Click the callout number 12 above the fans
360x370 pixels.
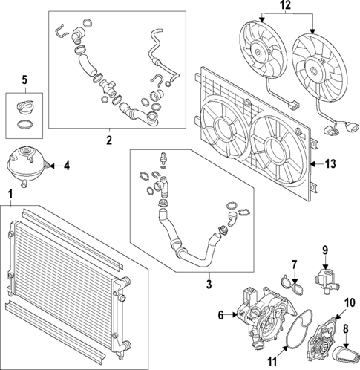click(286, 5)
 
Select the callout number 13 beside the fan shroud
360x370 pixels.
click(330, 163)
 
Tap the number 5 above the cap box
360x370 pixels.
click(24, 80)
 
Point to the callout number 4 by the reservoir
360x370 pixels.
click(67, 166)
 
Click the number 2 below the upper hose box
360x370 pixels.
click(109, 140)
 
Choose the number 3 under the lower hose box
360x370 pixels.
click(209, 284)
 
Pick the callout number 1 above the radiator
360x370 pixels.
click(10, 195)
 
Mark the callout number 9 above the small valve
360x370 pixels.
click(325, 250)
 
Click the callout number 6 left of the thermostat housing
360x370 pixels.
click(221, 315)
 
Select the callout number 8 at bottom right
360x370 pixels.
click(346, 329)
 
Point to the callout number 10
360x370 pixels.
click(350, 303)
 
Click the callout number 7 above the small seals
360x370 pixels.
click(294, 265)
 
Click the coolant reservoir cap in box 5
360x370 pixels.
click(24, 107)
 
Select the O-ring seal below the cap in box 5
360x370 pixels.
click(24, 125)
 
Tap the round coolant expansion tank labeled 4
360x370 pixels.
click(27, 166)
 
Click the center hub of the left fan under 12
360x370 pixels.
click(258, 52)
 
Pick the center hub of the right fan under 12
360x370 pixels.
click(313, 71)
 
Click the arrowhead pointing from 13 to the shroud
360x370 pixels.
click(312, 163)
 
